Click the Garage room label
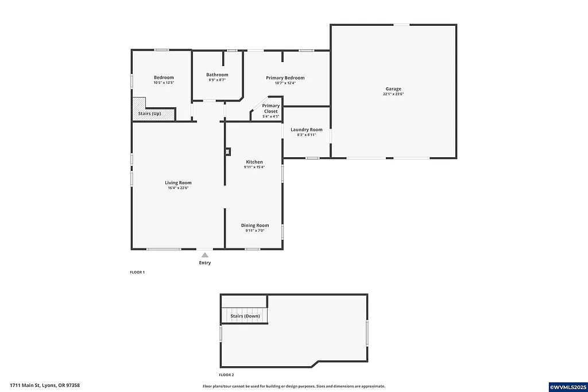point(393,89)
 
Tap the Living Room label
point(178,183)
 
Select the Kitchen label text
point(254,162)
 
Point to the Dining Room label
point(254,226)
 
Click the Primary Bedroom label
point(285,77)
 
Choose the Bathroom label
point(217,75)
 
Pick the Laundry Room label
point(306,130)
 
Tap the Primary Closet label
point(270,108)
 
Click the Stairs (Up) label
point(149,114)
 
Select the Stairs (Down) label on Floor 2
point(245,316)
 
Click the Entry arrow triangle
point(205,254)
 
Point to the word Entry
point(205,263)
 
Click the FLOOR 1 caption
point(137,272)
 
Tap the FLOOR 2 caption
point(226,374)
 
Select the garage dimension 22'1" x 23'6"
point(393,94)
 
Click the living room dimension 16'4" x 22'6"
point(178,188)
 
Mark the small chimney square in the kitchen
point(228,152)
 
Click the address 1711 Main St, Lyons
point(45,386)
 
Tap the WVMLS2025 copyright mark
point(567,387)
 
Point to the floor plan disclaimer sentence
point(294,386)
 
